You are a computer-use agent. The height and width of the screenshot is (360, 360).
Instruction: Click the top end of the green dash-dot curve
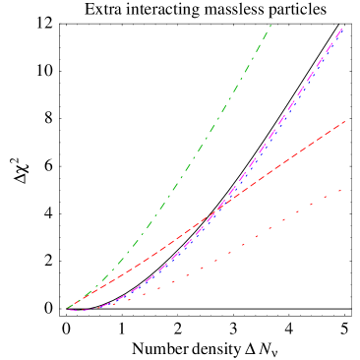tap(270, 25)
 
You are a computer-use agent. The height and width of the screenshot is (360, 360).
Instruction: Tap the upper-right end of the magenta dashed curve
tap(342, 29)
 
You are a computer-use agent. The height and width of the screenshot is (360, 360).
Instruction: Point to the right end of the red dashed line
tap(345, 122)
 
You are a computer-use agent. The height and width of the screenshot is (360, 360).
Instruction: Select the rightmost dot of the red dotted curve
tap(339, 191)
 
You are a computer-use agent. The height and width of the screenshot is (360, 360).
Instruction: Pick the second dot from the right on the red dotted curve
tap(326, 198)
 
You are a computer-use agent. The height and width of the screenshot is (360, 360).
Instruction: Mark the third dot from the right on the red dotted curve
tap(312, 205)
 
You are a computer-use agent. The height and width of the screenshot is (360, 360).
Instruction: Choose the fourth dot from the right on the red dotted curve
tap(298, 212)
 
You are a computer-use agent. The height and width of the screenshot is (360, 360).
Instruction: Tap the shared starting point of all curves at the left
tap(67, 309)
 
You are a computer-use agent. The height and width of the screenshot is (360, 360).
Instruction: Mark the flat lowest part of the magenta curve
tap(84, 310)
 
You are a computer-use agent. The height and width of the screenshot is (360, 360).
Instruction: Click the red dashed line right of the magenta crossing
tap(295, 153)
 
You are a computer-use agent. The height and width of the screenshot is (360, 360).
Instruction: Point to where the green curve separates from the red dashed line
tap(84, 298)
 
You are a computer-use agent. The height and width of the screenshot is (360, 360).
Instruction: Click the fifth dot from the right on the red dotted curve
tap(284, 219)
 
